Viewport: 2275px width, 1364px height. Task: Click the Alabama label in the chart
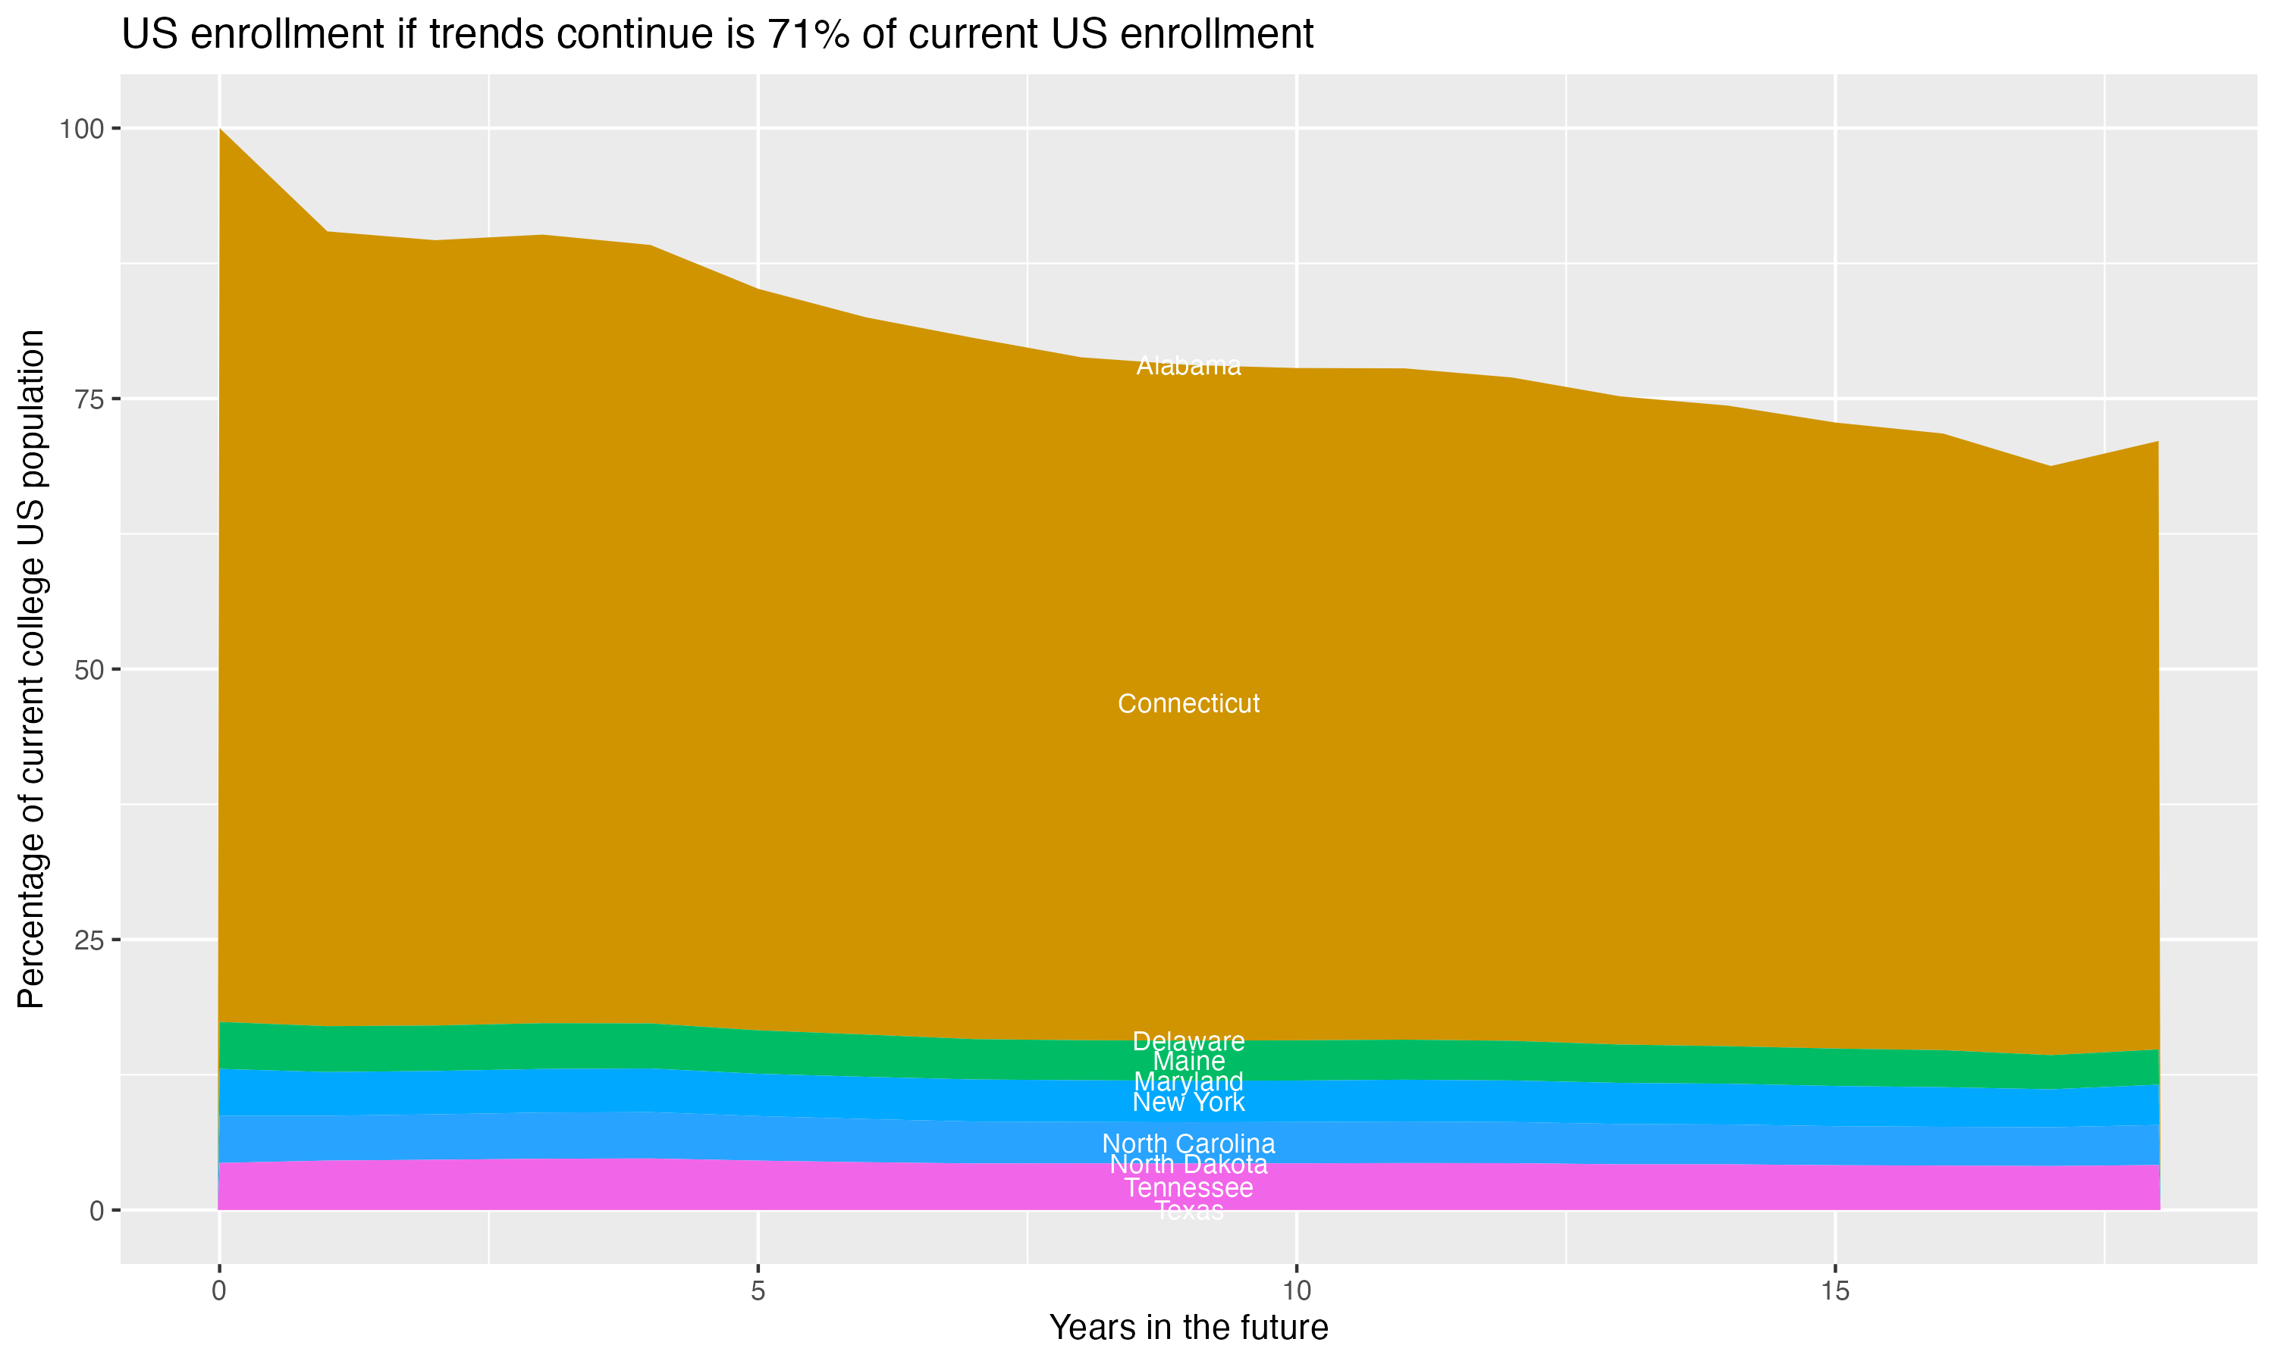click(1188, 366)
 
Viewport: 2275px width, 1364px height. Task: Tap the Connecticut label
click(1188, 703)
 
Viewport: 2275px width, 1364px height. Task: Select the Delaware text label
click(1188, 1041)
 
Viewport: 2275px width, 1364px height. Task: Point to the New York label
click(1188, 1102)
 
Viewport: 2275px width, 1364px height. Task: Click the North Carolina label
click(1188, 1143)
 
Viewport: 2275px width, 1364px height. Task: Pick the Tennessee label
click(1188, 1187)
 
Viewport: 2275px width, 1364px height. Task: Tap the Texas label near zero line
click(1188, 1210)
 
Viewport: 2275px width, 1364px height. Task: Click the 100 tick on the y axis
click(81, 129)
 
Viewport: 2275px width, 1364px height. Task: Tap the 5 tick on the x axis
click(758, 1291)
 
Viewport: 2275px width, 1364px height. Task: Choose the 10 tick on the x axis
click(1296, 1291)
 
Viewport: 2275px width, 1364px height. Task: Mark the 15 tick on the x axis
click(1834, 1291)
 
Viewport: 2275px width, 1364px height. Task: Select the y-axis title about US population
click(31, 668)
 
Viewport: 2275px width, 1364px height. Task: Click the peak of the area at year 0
click(220, 130)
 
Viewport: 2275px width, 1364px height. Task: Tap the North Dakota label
click(1188, 1165)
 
